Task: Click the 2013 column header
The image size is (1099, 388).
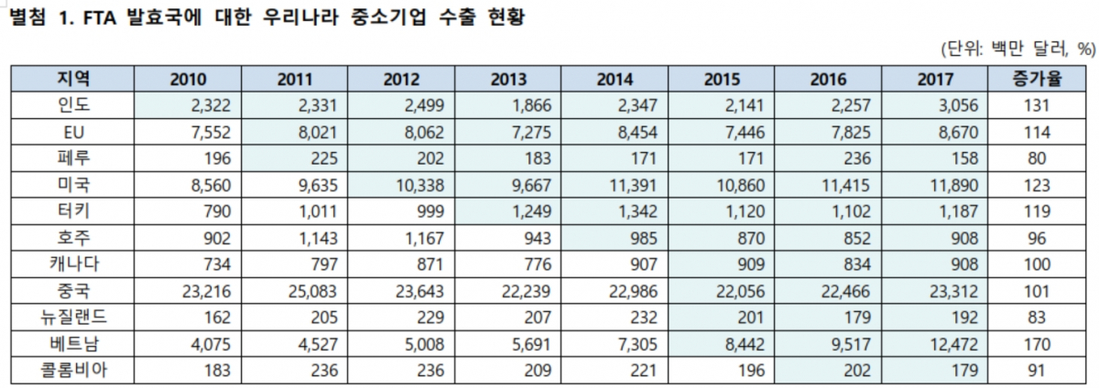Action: point(508,80)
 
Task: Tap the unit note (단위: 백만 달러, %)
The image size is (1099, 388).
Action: point(1017,48)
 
